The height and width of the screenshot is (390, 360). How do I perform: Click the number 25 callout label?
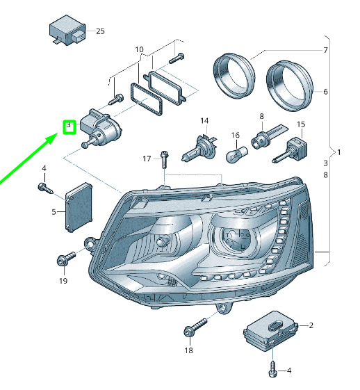tap(100, 31)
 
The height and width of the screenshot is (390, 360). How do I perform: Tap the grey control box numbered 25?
tap(67, 30)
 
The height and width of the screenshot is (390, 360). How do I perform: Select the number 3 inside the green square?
tap(69, 125)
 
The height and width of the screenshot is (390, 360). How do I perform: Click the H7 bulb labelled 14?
tap(200, 149)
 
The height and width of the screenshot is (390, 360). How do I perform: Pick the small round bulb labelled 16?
tap(237, 154)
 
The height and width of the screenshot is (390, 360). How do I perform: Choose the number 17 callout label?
tap(147, 159)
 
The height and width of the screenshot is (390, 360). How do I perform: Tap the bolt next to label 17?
tap(164, 159)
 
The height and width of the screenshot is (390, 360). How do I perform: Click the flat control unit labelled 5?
tap(79, 207)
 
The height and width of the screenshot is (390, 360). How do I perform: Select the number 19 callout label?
tap(63, 281)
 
